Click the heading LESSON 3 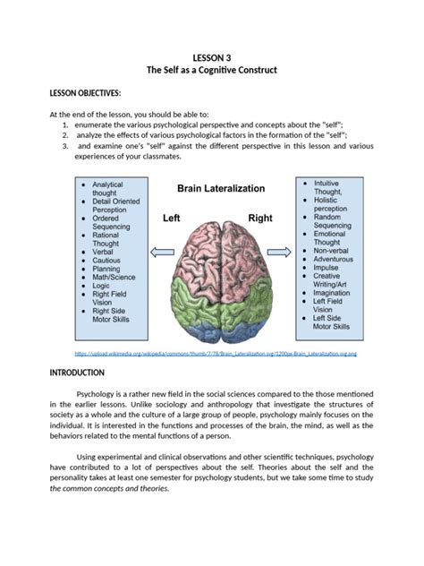click(212, 56)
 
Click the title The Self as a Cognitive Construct click(212, 70)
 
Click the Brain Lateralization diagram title click(220, 189)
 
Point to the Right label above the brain click(260, 218)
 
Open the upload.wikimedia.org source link click(215, 354)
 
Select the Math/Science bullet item click(112, 287)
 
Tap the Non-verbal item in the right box click(334, 253)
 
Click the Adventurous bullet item click(335, 260)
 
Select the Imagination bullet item click(333, 293)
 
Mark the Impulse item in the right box click(327, 267)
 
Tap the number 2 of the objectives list click(65, 134)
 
